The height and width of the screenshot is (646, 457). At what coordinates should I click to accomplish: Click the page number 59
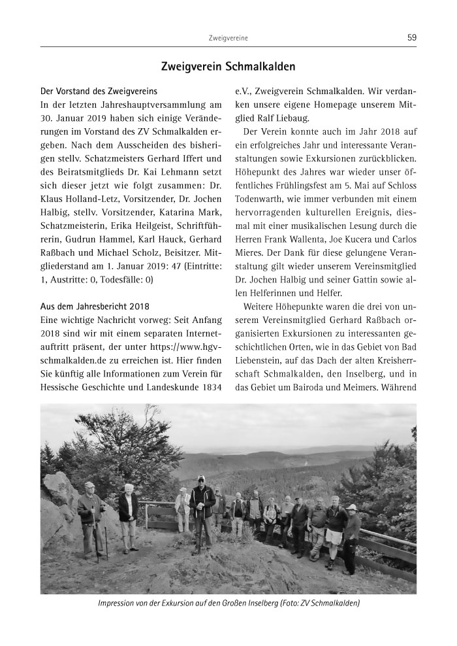411,38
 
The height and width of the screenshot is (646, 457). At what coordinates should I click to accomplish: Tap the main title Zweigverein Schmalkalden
228,67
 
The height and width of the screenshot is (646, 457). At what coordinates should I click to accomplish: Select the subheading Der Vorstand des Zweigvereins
99,91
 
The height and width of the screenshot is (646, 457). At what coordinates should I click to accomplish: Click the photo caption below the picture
228,603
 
